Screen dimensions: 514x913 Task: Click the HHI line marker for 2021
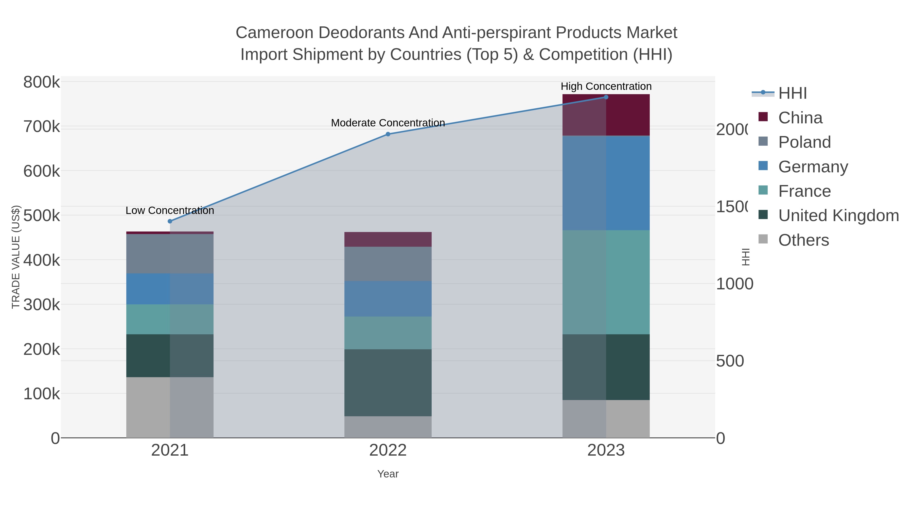click(x=170, y=221)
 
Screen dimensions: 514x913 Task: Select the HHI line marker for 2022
click(x=388, y=134)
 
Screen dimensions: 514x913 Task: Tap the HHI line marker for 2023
click(x=606, y=97)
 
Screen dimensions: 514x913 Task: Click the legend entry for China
click(x=800, y=118)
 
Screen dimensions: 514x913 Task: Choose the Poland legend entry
click(x=804, y=142)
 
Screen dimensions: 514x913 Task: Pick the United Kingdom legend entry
click(x=838, y=216)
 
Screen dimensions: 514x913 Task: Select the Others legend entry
click(x=803, y=240)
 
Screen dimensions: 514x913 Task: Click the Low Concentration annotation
click(x=170, y=210)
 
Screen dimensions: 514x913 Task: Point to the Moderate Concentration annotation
click(x=388, y=123)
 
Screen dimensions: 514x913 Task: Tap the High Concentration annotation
click(x=606, y=86)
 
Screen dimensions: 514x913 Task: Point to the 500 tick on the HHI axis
click(x=730, y=361)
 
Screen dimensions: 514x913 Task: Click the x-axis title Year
click(x=388, y=474)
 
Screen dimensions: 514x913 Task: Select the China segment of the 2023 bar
click(x=606, y=115)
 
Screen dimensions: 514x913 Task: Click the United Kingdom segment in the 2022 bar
click(x=388, y=383)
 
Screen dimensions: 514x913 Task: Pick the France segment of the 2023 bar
click(x=606, y=282)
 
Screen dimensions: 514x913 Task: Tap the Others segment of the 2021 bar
click(x=170, y=407)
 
